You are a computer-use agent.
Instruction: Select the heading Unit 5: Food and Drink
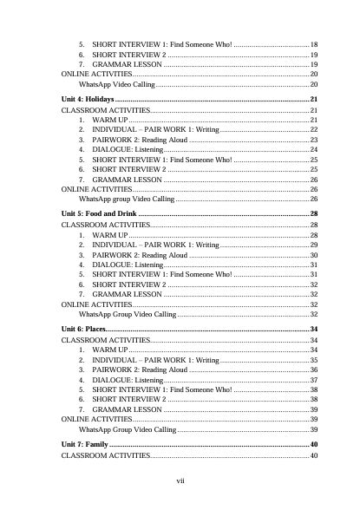[x=99, y=213]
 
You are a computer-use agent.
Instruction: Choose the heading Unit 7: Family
[x=84, y=444]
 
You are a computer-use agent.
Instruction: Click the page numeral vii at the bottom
[x=180, y=480]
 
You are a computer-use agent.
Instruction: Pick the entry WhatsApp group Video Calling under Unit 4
[x=127, y=199]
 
